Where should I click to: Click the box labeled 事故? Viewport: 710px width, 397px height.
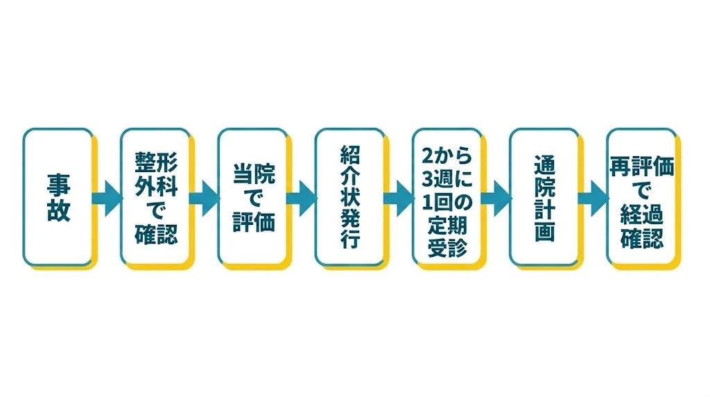coord(58,197)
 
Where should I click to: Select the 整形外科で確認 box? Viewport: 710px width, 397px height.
coord(155,197)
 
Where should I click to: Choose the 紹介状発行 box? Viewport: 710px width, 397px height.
coord(350,197)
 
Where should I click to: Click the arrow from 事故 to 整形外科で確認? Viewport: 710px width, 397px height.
coord(107,198)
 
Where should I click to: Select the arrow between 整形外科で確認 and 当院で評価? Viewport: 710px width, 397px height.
coord(205,198)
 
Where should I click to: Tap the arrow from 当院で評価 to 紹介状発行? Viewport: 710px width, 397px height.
coord(302,198)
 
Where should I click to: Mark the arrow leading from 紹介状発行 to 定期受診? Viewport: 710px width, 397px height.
coord(399,198)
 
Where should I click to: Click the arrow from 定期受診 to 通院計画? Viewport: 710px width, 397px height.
coord(496,198)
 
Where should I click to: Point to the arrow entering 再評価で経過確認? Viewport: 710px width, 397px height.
coord(594,198)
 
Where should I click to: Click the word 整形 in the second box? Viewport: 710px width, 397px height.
coord(156,162)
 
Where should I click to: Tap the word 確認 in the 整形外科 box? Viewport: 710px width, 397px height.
coord(156,235)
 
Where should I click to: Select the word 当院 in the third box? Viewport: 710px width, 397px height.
coord(254,174)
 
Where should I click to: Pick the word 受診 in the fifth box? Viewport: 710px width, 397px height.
coord(447,248)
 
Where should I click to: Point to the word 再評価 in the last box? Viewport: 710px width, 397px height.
coord(641,167)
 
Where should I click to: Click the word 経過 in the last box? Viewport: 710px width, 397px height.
coord(641,214)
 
